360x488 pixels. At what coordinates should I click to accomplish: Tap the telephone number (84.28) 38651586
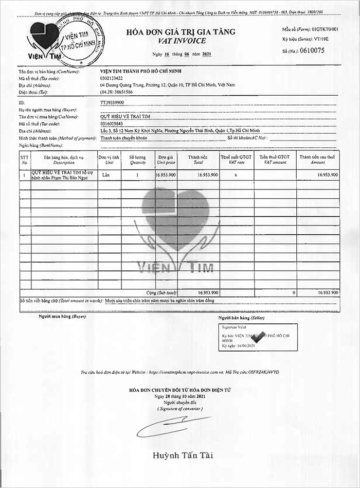click(x=117, y=92)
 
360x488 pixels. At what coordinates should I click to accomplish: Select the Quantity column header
click(x=137, y=159)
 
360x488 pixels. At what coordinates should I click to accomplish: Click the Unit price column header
click(x=166, y=159)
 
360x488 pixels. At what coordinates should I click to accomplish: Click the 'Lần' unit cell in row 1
click(x=107, y=175)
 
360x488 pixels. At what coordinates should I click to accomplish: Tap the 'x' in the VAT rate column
click(x=236, y=175)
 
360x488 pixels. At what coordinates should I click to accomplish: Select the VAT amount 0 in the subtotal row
click(x=294, y=292)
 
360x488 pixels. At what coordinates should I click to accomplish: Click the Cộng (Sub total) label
click(x=162, y=292)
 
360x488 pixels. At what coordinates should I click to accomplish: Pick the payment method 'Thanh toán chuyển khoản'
click(x=124, y=138)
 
